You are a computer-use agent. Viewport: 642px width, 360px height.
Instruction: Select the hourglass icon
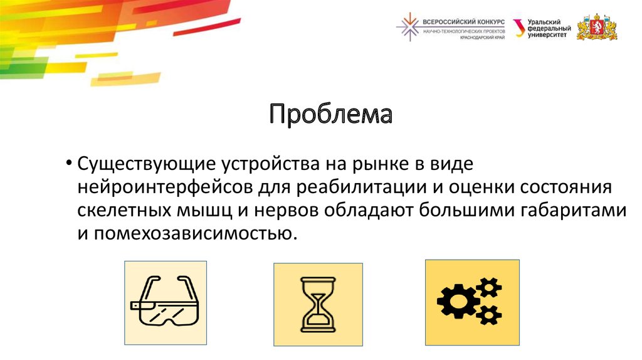point(318,304)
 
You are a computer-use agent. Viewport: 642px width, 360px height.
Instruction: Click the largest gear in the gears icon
point(457,300)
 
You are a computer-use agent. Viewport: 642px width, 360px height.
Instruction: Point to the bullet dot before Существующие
point(68,165)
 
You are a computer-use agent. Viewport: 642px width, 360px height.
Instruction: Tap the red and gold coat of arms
point(597,27)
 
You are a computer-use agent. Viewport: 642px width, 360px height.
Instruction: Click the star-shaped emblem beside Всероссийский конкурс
point(409,27)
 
